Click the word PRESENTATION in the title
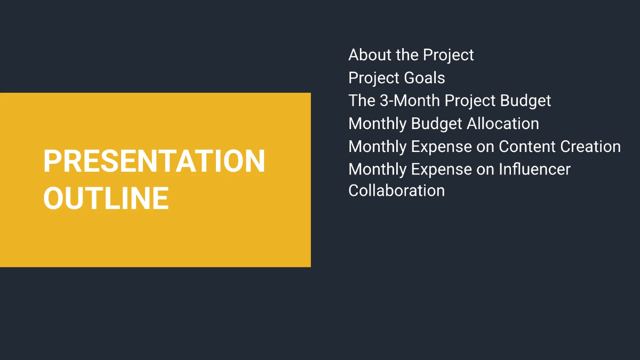[154, 161]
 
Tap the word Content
[527, 147]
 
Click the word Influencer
[534, 170]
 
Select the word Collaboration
[396, 191]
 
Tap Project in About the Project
[449, 55]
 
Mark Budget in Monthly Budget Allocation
[437, 124]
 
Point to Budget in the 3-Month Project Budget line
[526, 101]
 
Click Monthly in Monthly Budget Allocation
[377, 124]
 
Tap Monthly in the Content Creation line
[377, 147]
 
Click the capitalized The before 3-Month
[362, 101]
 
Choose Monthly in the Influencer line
[377, 170]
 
